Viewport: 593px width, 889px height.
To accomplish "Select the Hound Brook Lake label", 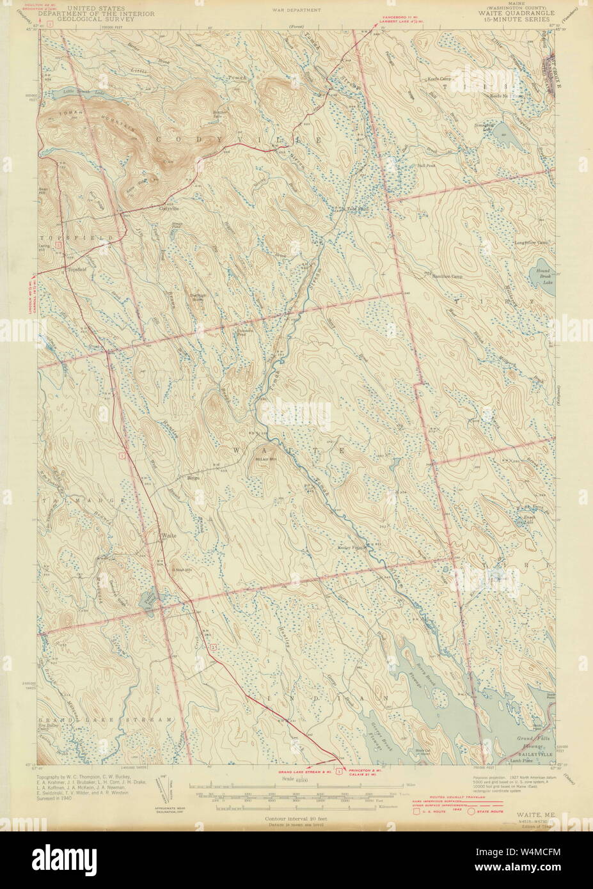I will (x=544, y=276).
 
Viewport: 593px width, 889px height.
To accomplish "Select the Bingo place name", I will (x=193, y=476).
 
